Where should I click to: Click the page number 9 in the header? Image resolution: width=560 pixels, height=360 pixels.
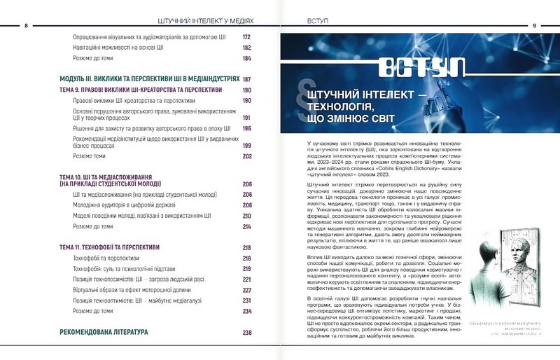click(534, 25)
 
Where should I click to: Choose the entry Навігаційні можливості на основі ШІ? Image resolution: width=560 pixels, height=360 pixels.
click(118, 48)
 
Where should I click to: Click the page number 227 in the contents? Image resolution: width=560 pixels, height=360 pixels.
click(247, 290)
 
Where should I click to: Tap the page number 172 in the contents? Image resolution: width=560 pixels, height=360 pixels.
click(247, 37)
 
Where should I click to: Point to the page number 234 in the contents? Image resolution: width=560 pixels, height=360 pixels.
click(247, 311)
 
